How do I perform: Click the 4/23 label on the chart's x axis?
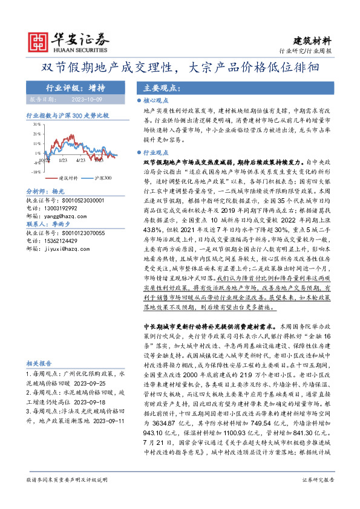(x=80, y=161)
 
